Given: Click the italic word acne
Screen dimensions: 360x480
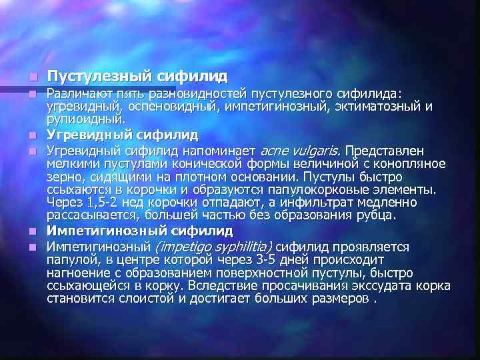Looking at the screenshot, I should (273, 150).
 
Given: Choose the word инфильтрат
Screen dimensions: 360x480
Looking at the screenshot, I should (335, 202).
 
